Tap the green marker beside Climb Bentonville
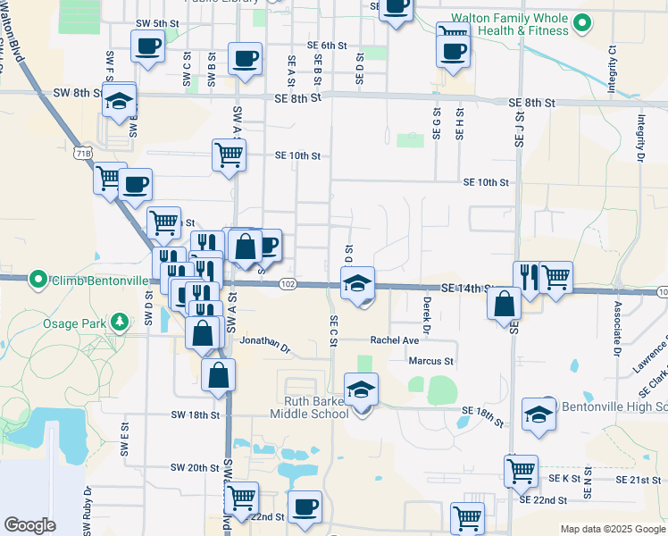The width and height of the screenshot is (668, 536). click(38, 281)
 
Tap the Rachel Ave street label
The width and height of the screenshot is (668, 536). click(395, 340)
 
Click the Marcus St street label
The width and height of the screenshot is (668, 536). click(431, 362)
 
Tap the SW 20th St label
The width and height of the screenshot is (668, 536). click(195, 467)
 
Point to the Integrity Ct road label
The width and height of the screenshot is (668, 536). click(614, 65)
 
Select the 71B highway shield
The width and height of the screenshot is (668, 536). click(82, 154)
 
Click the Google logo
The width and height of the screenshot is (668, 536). click(30, 525)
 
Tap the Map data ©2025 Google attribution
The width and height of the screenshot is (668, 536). click(612, 529)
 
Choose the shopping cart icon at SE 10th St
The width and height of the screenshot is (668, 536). click(229, 154)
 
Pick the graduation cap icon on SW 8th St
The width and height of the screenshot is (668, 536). click(118, 102)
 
